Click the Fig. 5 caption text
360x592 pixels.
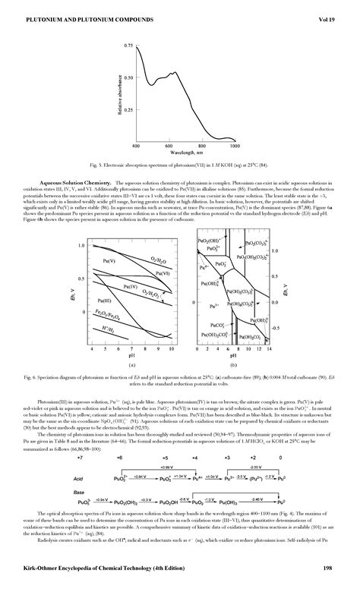pos(180,164)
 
